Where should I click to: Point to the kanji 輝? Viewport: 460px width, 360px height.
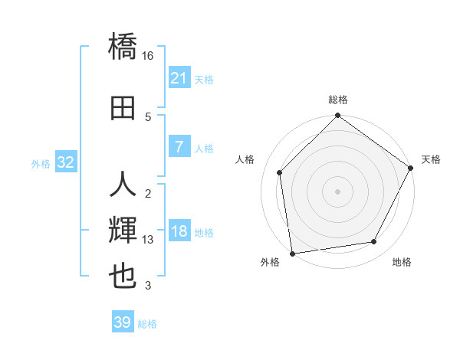coord(123,229)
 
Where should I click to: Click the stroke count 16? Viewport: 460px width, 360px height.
coord(148,56)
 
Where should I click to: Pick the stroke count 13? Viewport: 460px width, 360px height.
coord(148,240)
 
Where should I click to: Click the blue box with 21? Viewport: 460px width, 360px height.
coord(179,78)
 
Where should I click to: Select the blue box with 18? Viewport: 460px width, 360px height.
coord(179,232)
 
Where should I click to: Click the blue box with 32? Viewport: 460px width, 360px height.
coord(66,162)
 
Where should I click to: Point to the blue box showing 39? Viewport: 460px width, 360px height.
coord(123,322)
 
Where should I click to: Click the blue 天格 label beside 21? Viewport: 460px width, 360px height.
coord(204,79)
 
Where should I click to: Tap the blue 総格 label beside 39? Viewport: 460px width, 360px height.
coord(147,323)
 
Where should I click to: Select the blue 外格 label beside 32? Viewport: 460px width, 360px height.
coord(41,163)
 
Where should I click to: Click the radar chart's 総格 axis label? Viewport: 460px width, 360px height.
coord(337,100)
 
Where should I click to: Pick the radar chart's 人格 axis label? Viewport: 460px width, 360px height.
coord(245,159)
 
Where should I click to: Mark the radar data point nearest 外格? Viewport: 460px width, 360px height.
coord(292,253)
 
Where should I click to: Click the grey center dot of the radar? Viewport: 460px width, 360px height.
coord(337,191)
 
